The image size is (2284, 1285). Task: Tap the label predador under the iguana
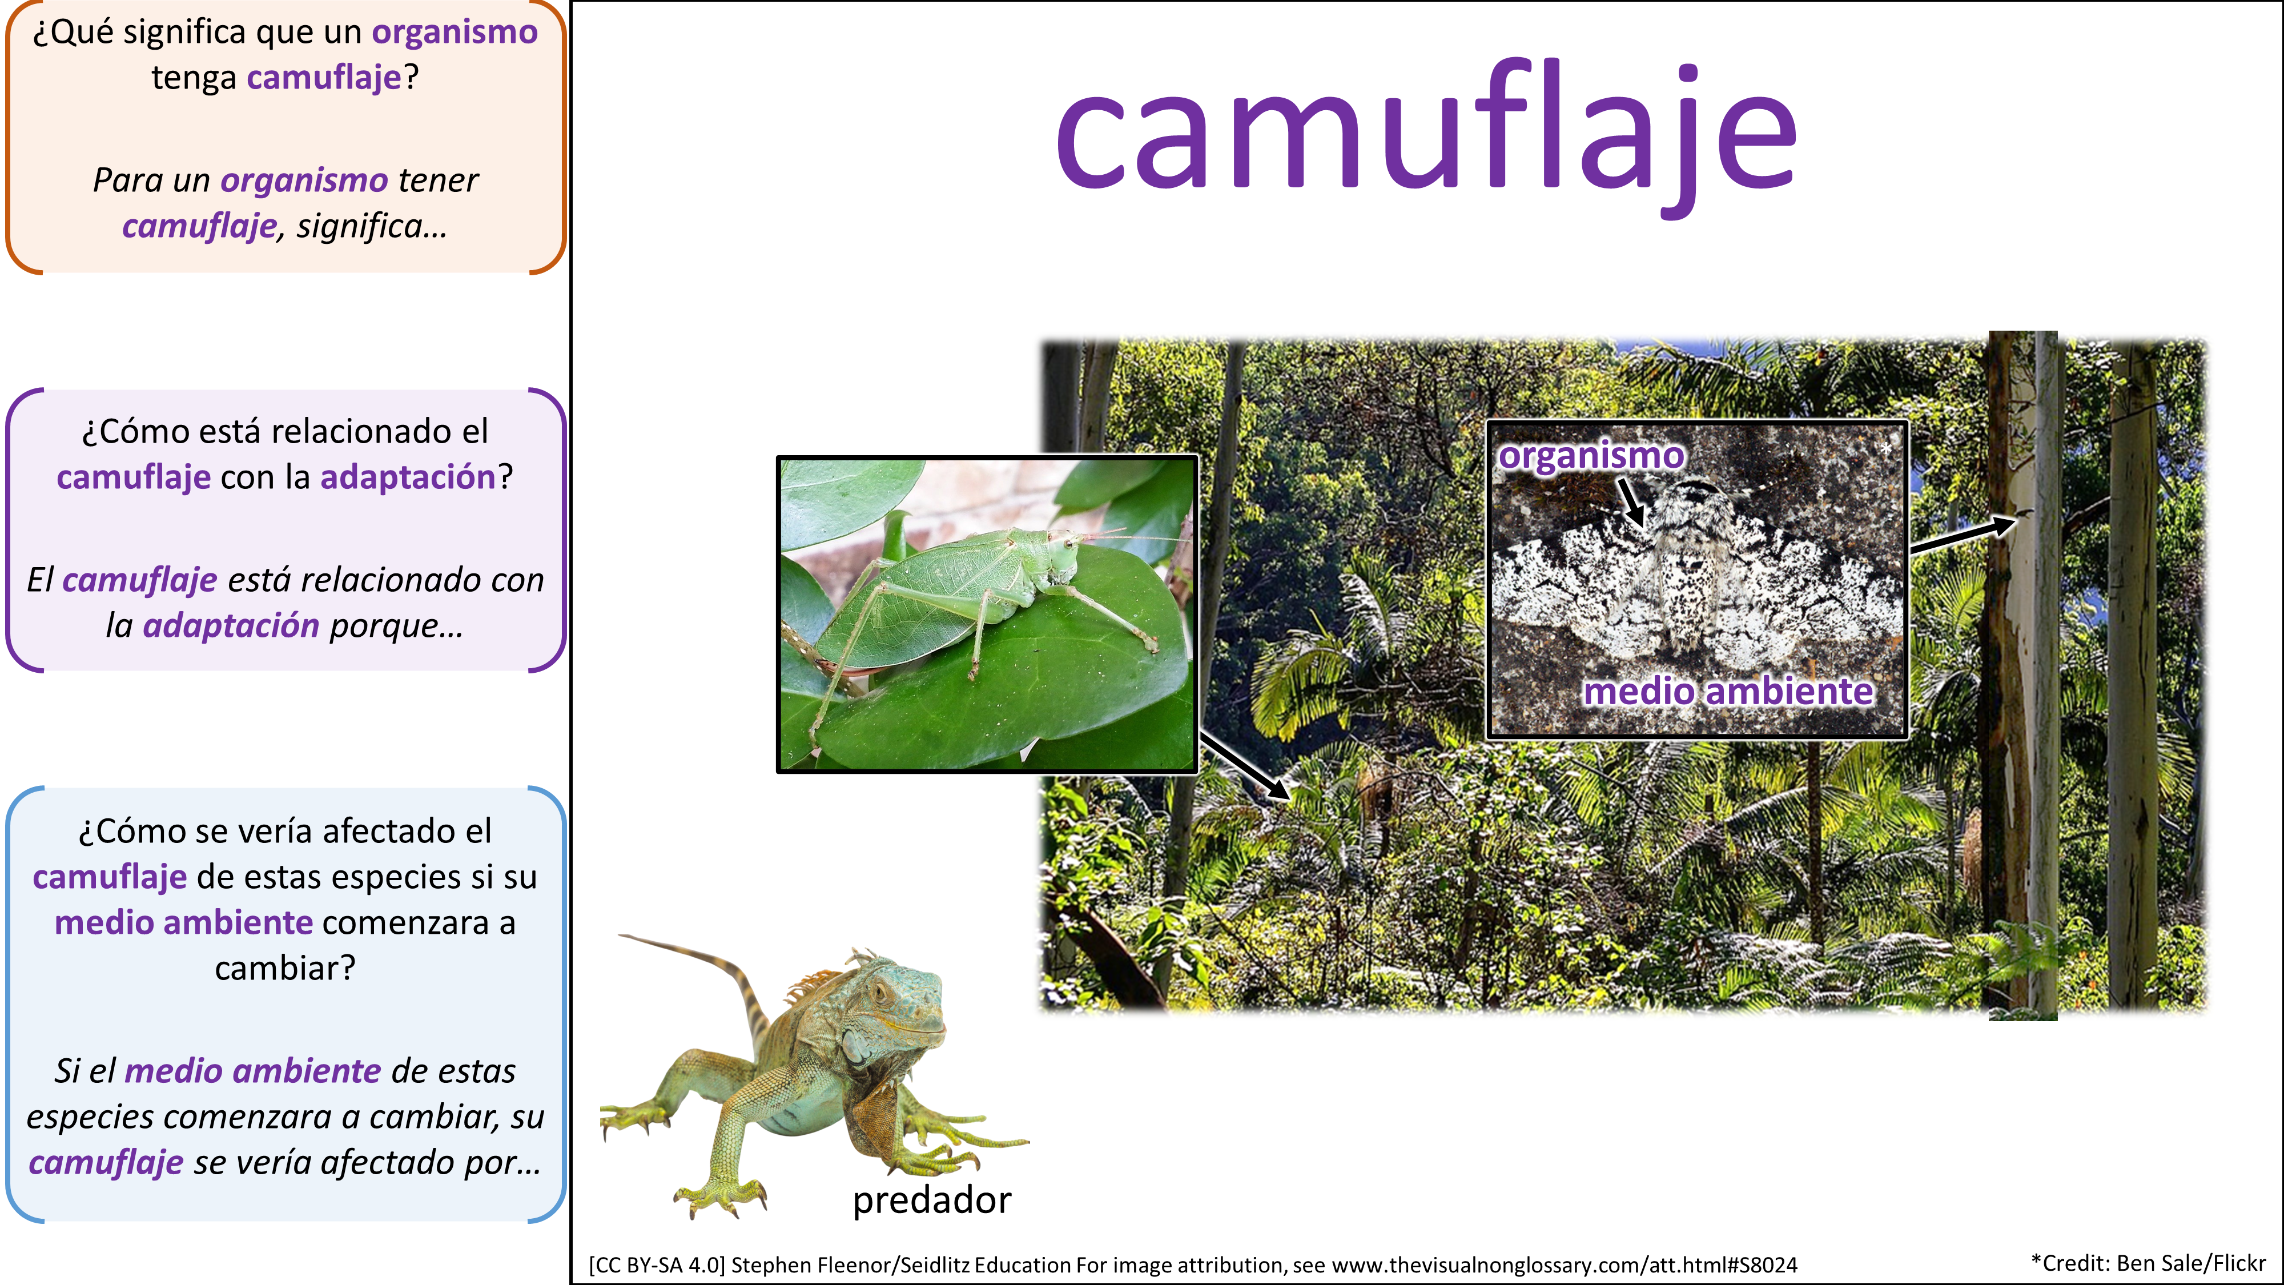coord(932,1200)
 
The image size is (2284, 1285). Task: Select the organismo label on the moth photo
coord(1591,455)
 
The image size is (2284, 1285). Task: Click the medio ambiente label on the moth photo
coord(1729,691)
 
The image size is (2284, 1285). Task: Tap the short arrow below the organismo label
coord(1631,501)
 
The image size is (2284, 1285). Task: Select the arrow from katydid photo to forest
coord(1244,766)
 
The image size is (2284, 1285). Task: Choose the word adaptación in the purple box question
coord(408,477)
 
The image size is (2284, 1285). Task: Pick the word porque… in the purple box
coord(396,626)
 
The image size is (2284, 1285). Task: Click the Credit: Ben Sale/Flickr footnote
coord(2148,1263)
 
